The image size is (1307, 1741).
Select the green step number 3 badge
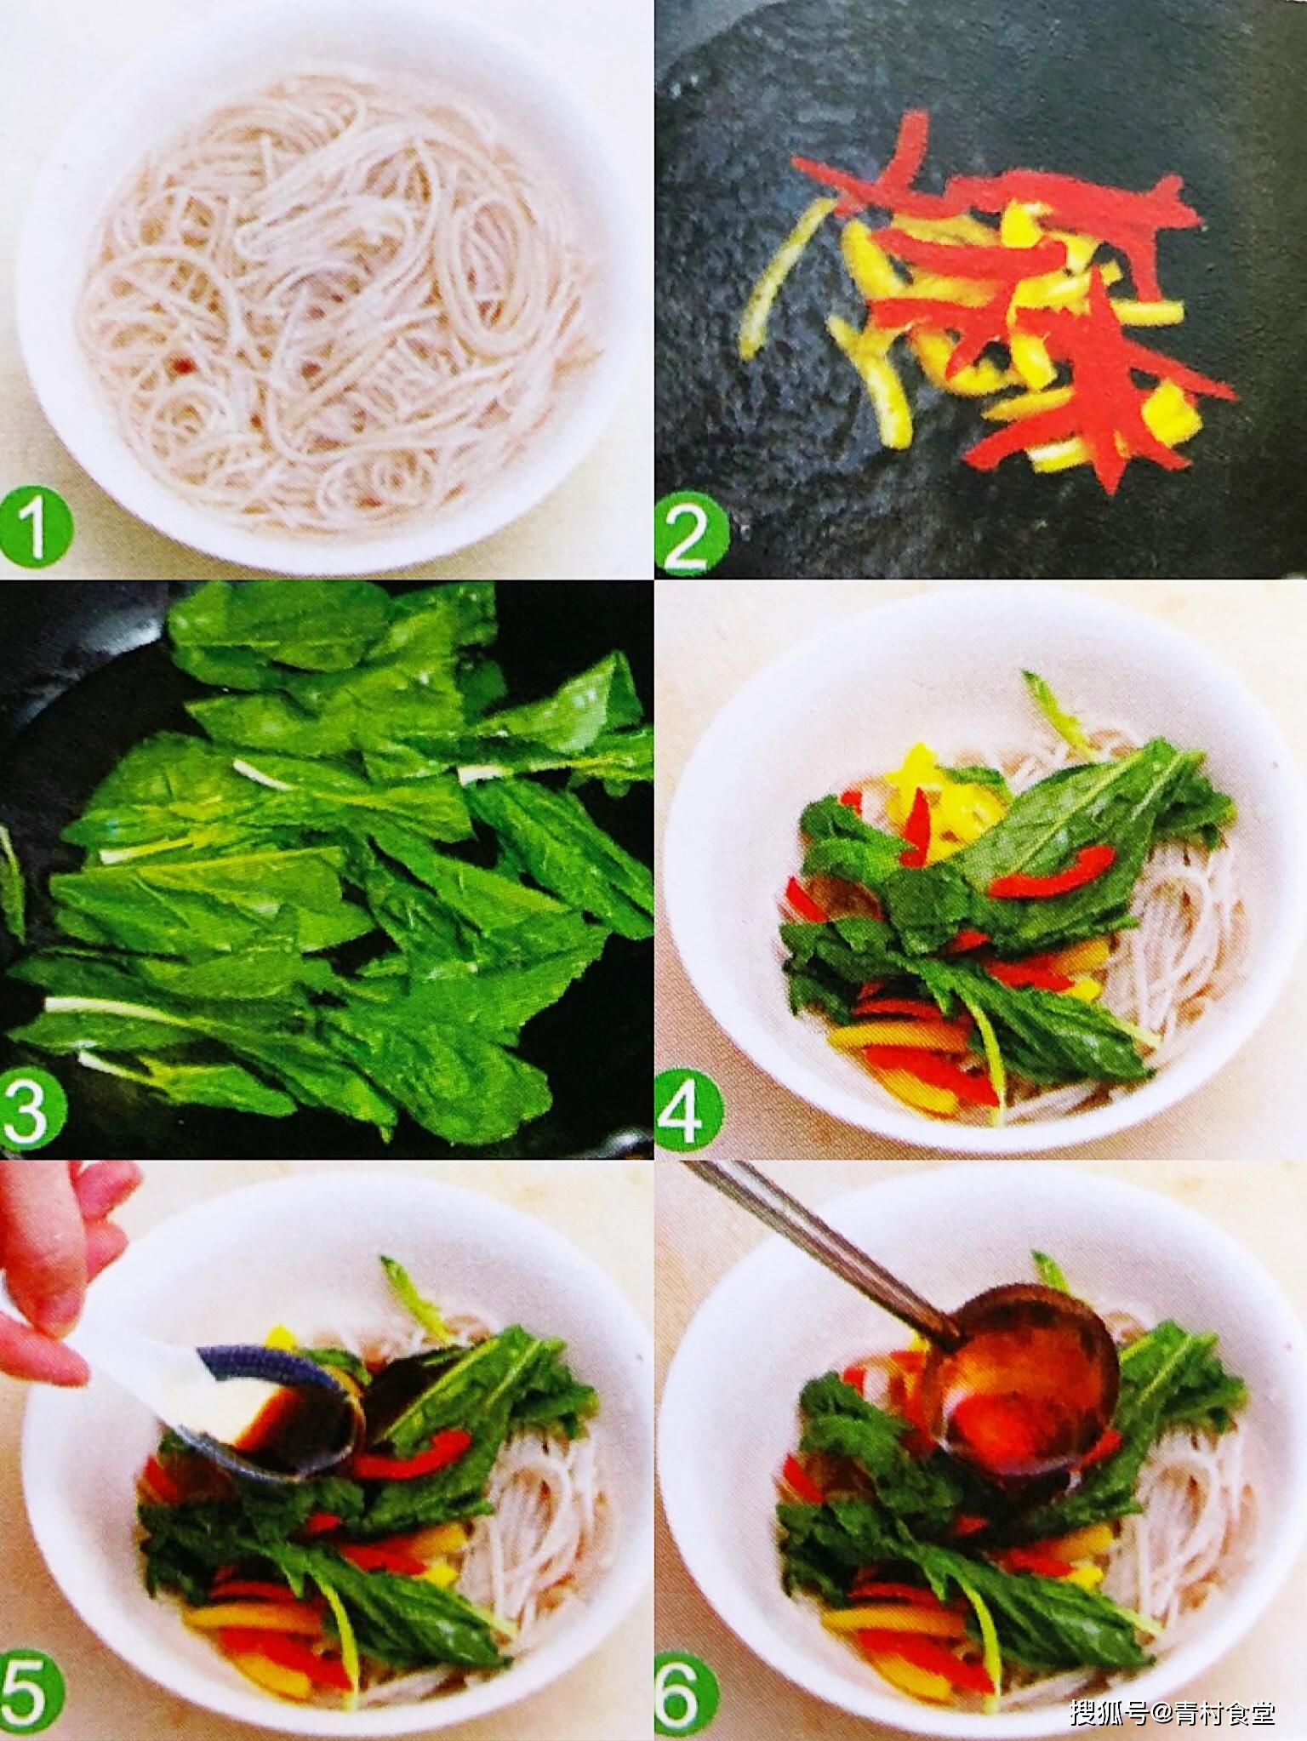coord(31,1109)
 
